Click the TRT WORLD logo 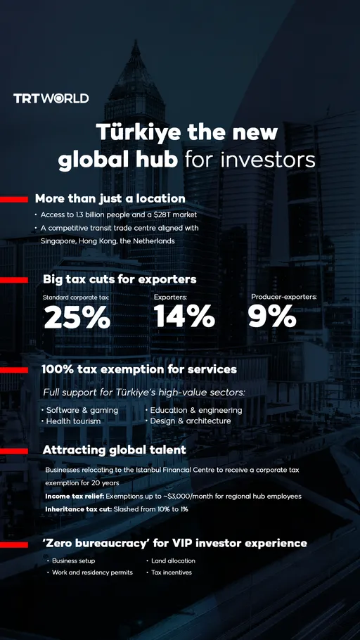pos(51,98)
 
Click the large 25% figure pos(77,318)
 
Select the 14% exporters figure pos(184,316)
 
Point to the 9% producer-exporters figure pos(272,316)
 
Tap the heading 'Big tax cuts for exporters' pos(120,279)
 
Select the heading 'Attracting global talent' pos(115,449)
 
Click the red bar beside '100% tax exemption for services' pos(13,370)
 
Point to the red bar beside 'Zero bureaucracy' pos(13,544)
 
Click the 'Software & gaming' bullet pos(82,410)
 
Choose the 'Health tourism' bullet pos(73,421)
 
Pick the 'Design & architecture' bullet pos(190,421)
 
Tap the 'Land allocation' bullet pos(173,561)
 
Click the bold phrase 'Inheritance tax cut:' pos(75,508)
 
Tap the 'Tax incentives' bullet pos(172,572)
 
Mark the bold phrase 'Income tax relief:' pos(74,496)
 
